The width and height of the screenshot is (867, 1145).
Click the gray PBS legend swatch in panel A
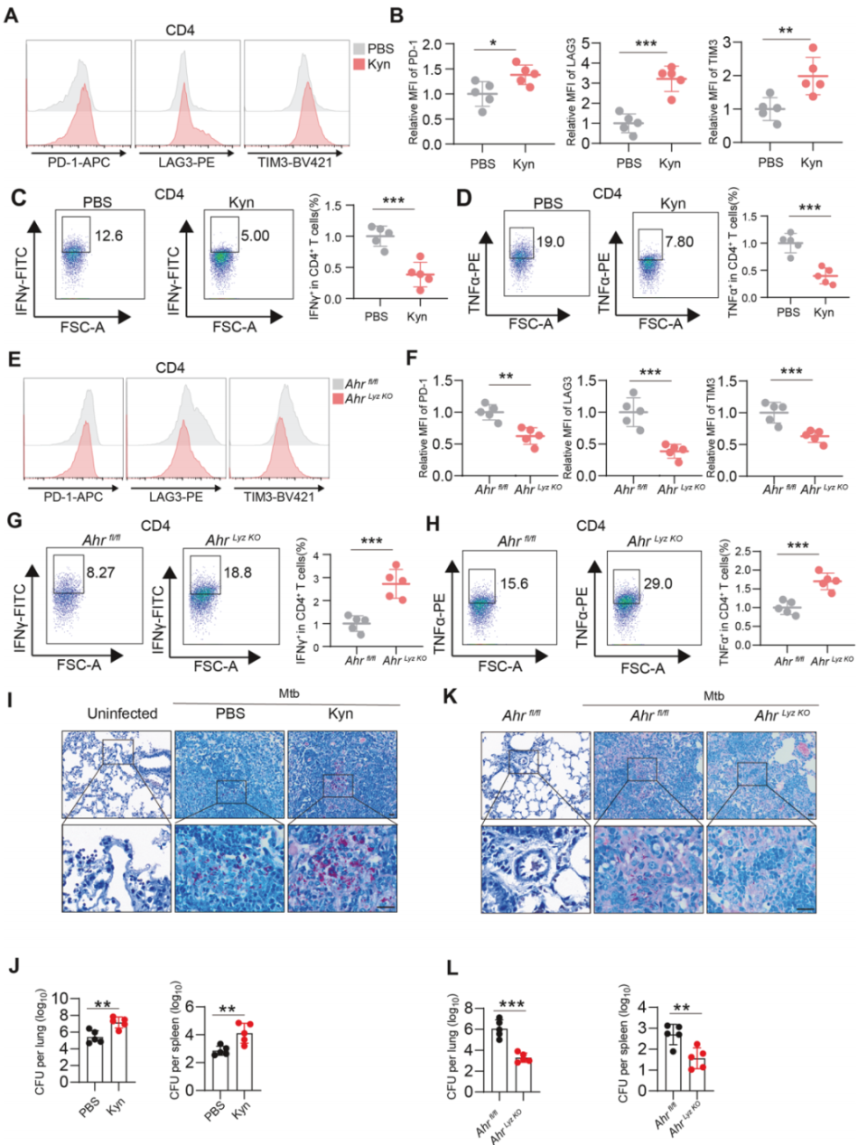pyautogui.click(x=358, y=48)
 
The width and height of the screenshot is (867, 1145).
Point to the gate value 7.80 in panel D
pyautogui.click(x=679, y=241)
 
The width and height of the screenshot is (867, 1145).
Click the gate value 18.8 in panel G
pyautogui.click(x=238, y=572)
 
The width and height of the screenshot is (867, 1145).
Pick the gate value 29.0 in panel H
pyautogui.click(x=657, y=583)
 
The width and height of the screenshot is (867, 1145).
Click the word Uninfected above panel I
pyautogui.click(x=122, y=713)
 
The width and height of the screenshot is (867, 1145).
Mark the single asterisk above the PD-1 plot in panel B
pyautogui.click(x=493, y=42)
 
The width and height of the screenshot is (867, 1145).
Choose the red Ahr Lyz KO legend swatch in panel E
pyautogui.click(x=338, y=398)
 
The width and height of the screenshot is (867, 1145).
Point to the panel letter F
pyautogui.click(x=412, y=358)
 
